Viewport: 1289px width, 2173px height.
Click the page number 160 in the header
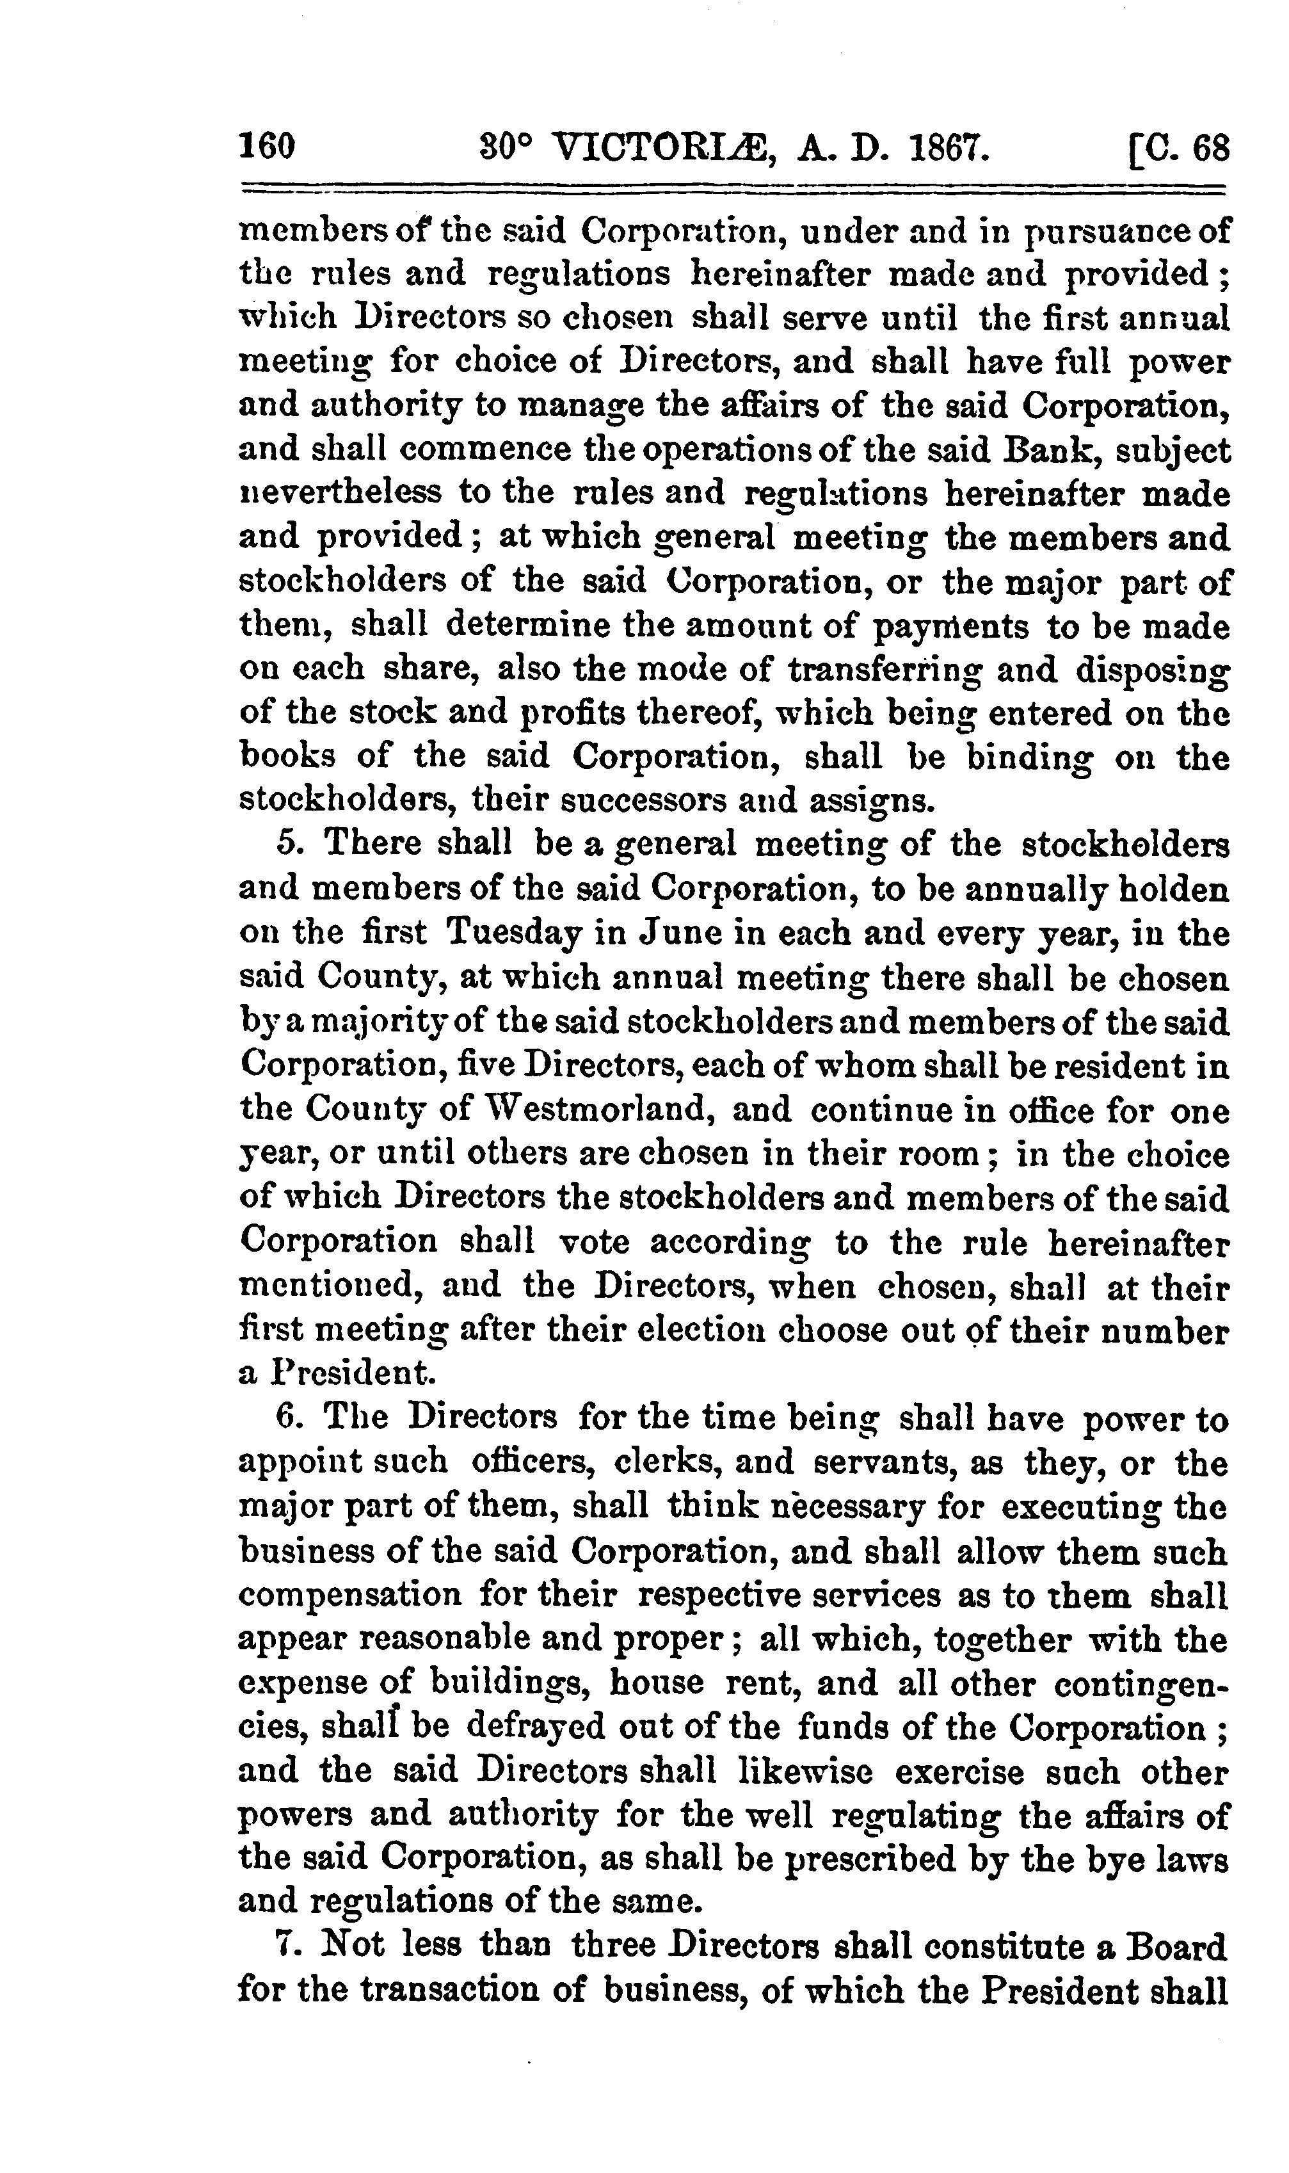point(268,146)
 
